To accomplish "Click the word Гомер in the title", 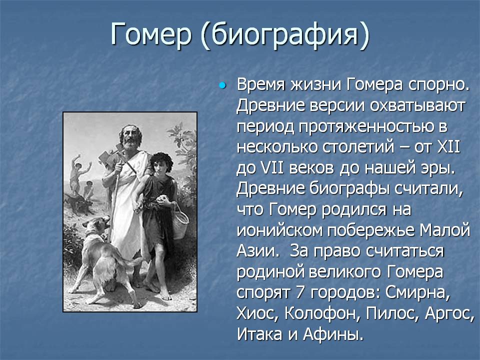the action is (151, 34).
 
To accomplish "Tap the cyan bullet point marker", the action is (222, 85).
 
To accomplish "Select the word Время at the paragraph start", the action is (261, 84).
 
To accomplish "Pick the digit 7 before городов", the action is (300, 292).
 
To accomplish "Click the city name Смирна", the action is (418, 292).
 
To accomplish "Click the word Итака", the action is (259, 333).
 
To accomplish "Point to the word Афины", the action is (333, 334).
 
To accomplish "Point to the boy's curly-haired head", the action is (161, 162).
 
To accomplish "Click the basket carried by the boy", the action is (180, 221).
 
